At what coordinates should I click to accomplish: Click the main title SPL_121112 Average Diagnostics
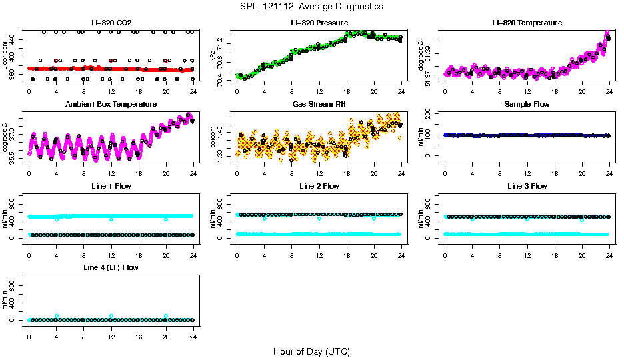coord(312,6)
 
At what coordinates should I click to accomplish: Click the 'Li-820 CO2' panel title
coord(111,23)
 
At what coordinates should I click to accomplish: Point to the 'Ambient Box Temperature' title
coord(111,104)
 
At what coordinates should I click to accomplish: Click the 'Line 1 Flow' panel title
coord(111,186)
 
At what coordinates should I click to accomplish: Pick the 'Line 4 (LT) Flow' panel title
coord(111,267)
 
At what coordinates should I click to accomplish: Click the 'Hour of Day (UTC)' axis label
coord(311,351)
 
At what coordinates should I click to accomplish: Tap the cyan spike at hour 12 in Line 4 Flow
coord(111,316)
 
